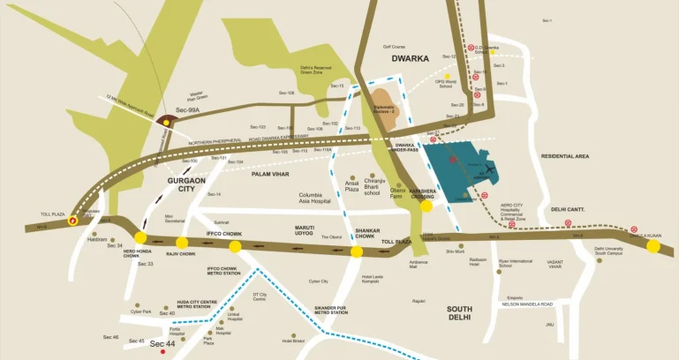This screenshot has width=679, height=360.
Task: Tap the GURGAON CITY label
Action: [186, 184]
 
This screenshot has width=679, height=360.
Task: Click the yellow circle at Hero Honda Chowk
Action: [140, 237]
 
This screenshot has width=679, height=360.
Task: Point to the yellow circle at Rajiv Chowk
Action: [182, 243]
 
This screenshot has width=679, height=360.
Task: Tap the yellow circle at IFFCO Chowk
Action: [235, 246]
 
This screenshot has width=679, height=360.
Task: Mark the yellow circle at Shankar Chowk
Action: [357, 251]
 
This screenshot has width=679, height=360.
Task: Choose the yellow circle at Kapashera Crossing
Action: [426, 206]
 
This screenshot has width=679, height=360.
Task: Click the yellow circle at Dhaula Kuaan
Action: [653, 246]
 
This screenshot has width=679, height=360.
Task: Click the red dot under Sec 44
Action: [162, 352]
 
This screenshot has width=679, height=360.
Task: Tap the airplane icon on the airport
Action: [487, 169]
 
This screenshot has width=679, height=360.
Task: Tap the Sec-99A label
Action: [188, 110]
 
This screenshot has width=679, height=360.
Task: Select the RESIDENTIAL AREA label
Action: [564, 156]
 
